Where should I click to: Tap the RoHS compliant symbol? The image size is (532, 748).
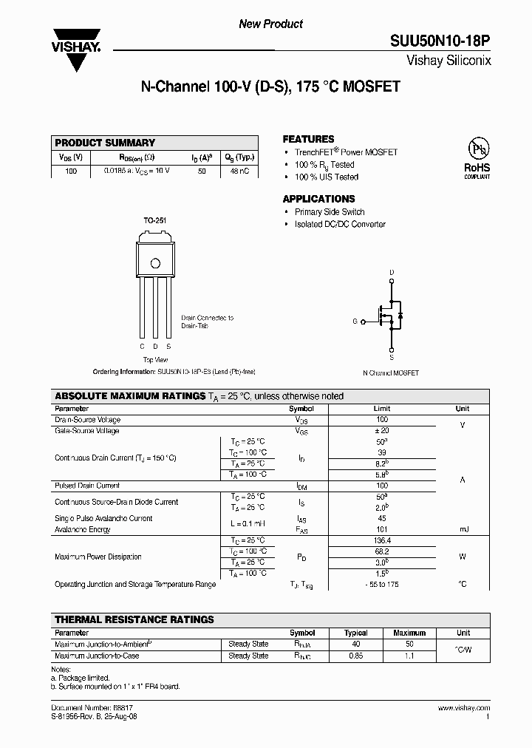click(x=477, y=158)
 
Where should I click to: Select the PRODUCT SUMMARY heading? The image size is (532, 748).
click(x=105, y=143)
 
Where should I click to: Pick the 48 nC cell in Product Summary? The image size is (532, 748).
click(x=239, y=171)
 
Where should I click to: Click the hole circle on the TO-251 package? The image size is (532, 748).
click(x=155, y=262)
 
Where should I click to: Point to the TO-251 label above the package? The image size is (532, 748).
click(x=154, y=220)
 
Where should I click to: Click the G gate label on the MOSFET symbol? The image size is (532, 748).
click(x=355, y=322)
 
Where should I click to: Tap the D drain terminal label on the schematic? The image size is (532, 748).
click(x=392, y=273)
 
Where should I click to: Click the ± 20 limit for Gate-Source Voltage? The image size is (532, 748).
click(x=381, y=430)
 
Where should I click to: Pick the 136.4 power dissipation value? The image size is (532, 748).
click(x=381, y=540)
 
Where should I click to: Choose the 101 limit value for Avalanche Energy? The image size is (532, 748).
click(x=381, y=529)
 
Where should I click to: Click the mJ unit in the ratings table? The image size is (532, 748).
click(x=463, y=529)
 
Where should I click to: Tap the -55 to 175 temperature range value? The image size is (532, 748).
click(x=381, y=584)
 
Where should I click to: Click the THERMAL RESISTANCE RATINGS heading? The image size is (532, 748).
click(x=134, y=619)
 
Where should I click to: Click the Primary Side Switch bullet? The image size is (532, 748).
click(x=330, y=212)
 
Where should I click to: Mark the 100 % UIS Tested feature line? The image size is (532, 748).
click(x=327, y=177)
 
